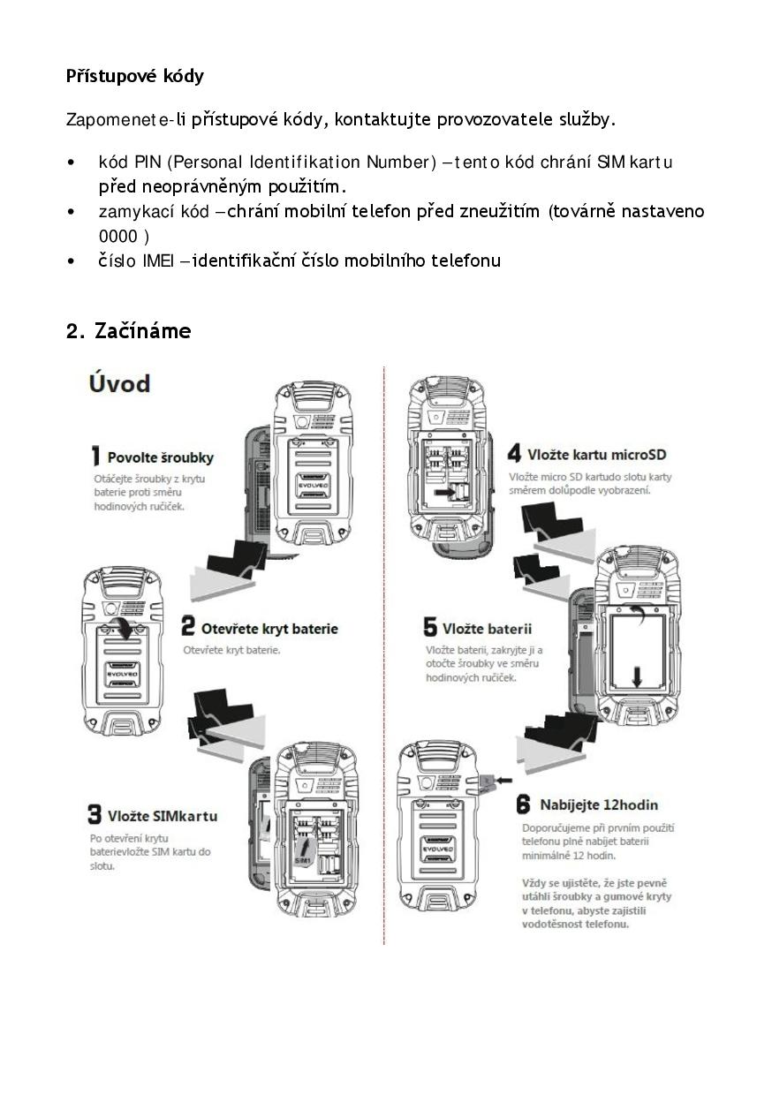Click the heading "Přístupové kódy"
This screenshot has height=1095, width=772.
pyautogui.click(x=134, y=76)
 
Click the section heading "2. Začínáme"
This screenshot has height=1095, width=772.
pyautogui.click(x=128, y=331)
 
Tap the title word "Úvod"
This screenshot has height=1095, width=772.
pyautogui.click(x=119, y=383)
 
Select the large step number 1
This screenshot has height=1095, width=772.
pyautogui.click(x=96, y=457)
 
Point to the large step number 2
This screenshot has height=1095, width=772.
pyautogui.click(x=188, y=628)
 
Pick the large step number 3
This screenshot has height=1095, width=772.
pyautogui.click(x=95, y=814)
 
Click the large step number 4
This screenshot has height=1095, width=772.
pyautogui.click(x=515, y=455)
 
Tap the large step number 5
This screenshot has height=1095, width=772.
pyautogui.click(x=430, y=628)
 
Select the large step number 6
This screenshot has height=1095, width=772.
pyautogui.click(x=523, y=804)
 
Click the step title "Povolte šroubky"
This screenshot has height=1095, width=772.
pyautogui.click(x=160, y=457)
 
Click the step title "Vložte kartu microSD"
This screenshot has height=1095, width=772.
pyautogui.click(x=596, y=455)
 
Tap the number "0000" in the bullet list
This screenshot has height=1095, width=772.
pyautogui.click(x=117, y=236)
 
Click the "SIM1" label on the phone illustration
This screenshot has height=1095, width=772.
pyautogui.click(x=302, y=858)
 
